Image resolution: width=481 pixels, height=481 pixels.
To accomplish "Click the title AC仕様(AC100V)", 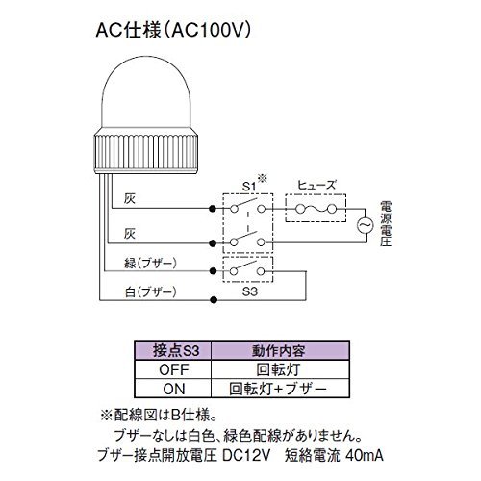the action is point(173,31).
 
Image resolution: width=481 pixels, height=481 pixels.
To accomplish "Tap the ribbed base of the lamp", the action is point(146,151).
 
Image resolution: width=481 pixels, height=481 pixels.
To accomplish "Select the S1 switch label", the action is point(249,187).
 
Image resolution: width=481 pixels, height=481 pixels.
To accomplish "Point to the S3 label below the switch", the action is point(250,291).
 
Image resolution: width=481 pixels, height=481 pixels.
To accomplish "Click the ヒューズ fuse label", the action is point(316,185).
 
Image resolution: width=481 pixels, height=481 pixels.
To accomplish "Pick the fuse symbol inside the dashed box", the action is point(316,209).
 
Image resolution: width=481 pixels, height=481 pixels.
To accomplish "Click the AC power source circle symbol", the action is point(366,225).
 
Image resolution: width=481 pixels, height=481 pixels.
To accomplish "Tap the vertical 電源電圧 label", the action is point(386,223).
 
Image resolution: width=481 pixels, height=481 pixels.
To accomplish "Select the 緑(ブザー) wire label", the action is point(150,264).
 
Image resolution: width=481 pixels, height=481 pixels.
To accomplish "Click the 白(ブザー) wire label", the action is point(150,292).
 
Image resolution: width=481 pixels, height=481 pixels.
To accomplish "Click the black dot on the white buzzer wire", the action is point(214,300).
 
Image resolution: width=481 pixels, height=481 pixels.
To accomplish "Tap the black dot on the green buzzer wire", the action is point(213,271).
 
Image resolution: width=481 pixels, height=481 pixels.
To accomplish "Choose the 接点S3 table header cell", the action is point(173,350).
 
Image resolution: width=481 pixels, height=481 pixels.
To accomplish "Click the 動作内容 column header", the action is point(280,350).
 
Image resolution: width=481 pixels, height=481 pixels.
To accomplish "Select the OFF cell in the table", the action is point(173,369).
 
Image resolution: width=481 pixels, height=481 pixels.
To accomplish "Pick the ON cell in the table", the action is point(173,389).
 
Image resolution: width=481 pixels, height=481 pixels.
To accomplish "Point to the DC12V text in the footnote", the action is point(246,455).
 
